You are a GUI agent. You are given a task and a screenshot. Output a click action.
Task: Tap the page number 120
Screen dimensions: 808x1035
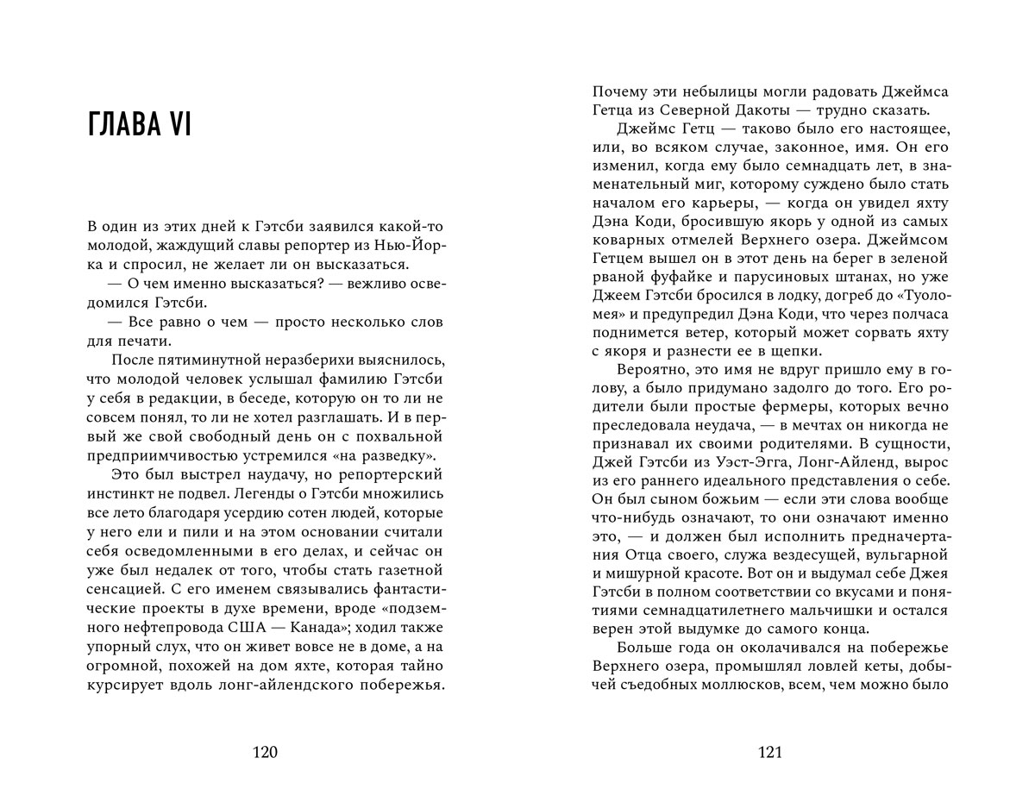coord(265,752)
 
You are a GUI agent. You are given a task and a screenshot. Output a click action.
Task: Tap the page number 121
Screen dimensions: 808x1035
coord(769,752)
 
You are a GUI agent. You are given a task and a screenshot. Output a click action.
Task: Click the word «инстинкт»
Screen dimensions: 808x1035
coord(122,495)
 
